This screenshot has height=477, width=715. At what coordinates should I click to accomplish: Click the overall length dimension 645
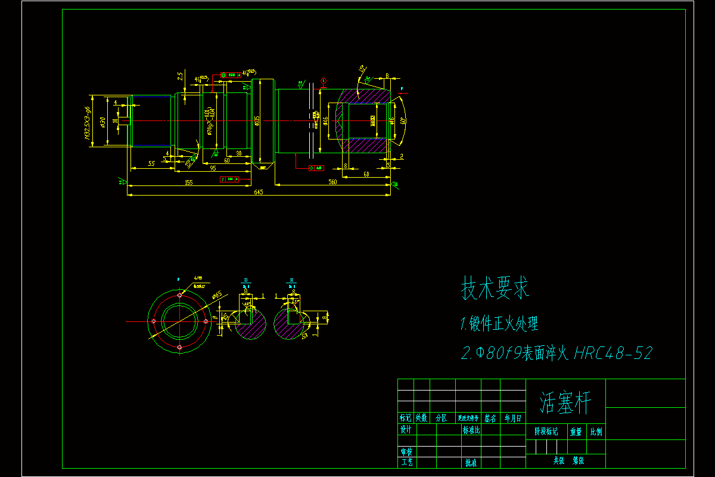(x=259, y=192)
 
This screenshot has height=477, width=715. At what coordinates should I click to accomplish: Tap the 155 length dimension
(x=189, y=182)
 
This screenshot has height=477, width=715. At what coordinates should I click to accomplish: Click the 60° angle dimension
(x=403, y=121)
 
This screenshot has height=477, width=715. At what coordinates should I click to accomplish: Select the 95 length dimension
(x=213, y=168)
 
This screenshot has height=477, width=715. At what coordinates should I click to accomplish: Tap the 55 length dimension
(x=151, y=163)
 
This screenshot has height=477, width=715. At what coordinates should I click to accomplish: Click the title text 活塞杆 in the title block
(x=565, y=404)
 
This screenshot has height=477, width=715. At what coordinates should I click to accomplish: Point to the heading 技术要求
(x=496, y=289)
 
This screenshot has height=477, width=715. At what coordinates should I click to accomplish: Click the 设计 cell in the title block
(x=406, y=429)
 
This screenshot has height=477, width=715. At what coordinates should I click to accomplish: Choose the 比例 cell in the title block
(x=596, y=431)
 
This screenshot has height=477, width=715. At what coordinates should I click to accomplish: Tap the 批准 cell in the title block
(x=471, y=462)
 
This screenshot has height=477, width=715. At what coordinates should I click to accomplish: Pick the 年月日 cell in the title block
(x=512, y=418)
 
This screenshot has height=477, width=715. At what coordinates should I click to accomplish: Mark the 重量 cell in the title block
(x=576, y=431)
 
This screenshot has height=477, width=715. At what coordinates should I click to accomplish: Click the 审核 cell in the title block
(x=406, y=452)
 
